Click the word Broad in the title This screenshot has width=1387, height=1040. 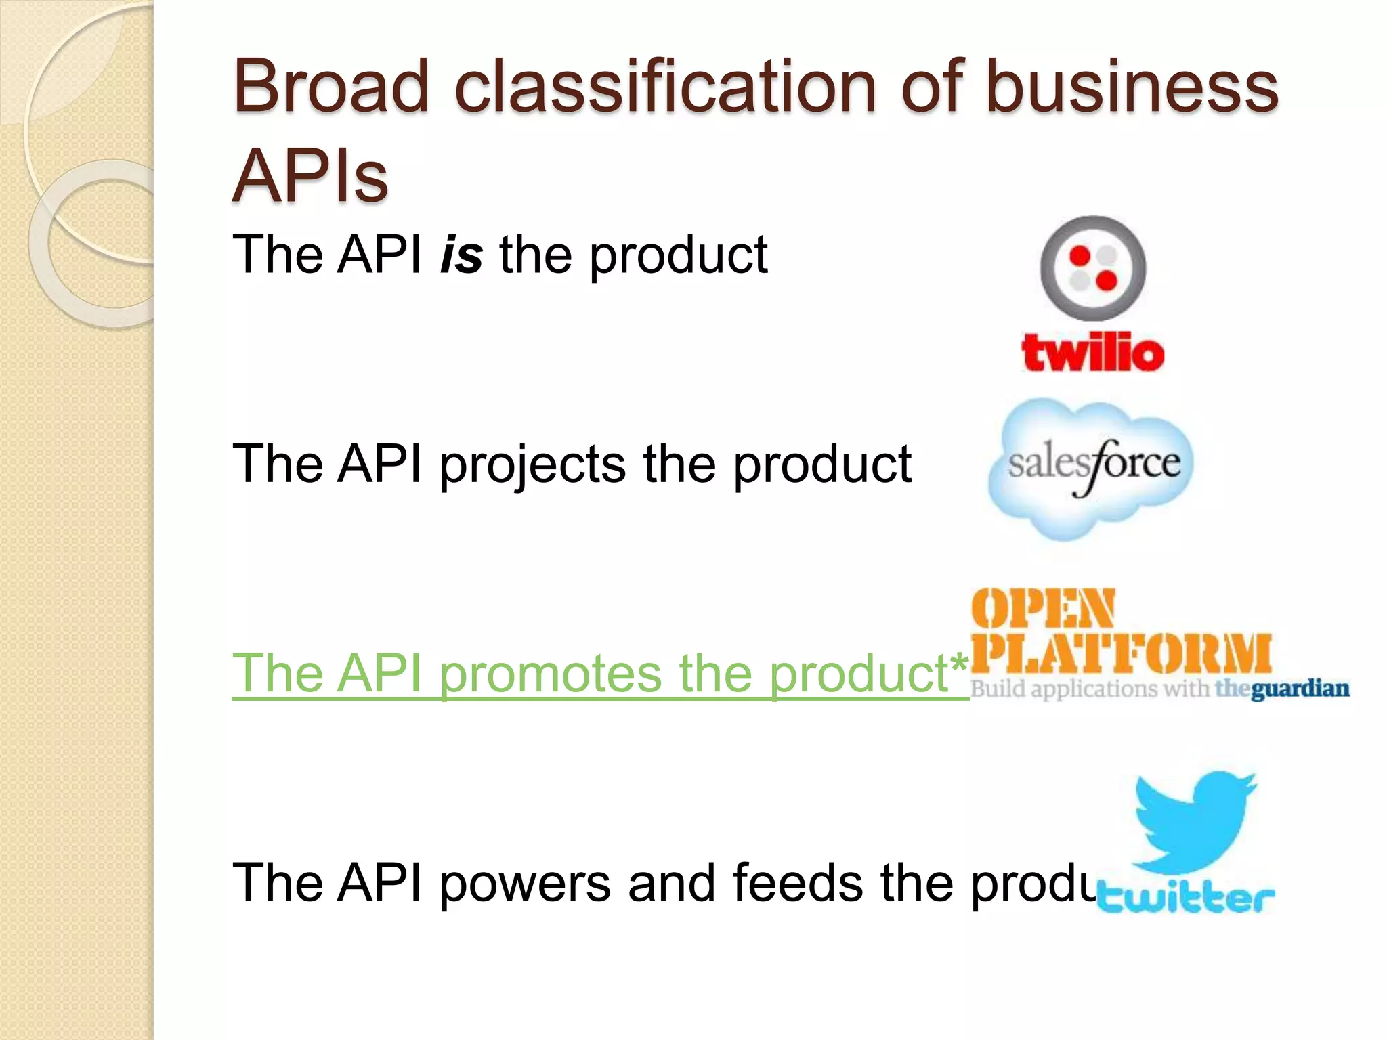coord(331,87)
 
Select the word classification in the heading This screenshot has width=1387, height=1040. coord(666,87)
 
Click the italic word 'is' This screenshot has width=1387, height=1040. coord(461,255)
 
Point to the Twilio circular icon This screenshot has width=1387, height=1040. coord(1093,268)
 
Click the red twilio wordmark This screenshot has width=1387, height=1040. coord(1092,353)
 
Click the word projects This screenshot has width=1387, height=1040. coord(532,466)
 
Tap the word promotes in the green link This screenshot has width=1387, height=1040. coord(550,674)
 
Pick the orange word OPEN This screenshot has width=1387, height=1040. coord(1042,607)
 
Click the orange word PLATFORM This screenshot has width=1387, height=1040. coord(1121,654)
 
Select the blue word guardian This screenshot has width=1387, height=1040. coord(1299,689)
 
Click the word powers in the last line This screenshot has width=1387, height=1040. coord(525,884)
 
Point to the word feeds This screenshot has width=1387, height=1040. coord(797,884)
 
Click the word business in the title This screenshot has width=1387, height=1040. coord(1131,87)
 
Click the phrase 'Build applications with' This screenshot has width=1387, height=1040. coord(1089,689)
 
